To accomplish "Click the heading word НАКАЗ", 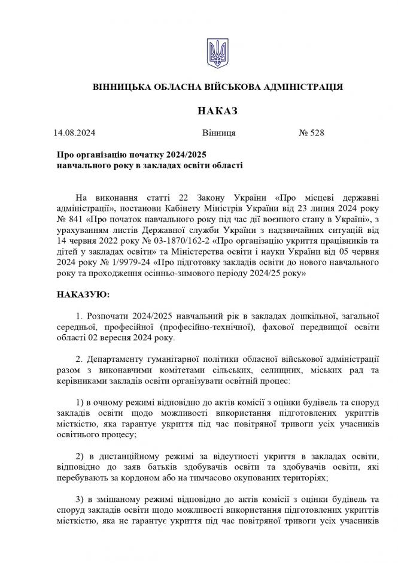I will tap(217, 111).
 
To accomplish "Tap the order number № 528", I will tap(311, 133).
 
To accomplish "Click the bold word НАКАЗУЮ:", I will tap(83, 295).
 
